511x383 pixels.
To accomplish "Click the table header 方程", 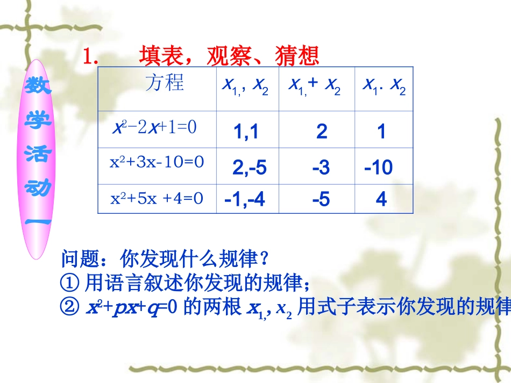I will coord(165,83).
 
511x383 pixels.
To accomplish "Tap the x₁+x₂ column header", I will coord(315,86).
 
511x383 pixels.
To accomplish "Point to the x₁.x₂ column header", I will coord(384,86).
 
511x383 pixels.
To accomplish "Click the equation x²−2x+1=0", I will coord(155,128).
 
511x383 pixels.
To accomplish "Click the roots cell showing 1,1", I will coord(246,132).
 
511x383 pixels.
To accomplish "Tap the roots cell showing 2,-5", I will coord(249,168).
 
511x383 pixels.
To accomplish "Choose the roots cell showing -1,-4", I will coord(245,200).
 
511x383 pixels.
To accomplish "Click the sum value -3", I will coord(321,168).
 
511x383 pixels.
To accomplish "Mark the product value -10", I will coord(379,168).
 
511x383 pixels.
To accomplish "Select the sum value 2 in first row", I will coord(322,132).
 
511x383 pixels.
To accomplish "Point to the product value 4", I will coord(381,200).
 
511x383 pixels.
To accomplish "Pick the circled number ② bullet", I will coord(70,307).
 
